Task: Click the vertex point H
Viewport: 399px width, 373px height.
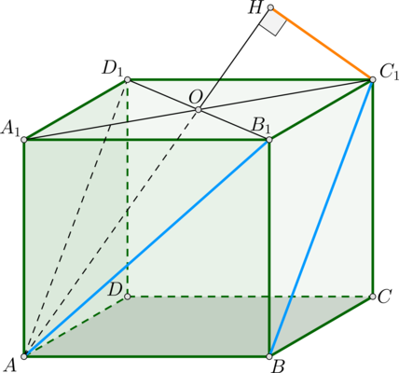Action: click(x=270, y=7)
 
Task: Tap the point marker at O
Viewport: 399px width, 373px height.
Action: click(x=199, y=109)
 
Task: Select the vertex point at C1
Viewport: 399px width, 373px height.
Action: click(x=373, y=79)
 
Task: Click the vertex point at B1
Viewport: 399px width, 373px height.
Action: click(x=269, y=140)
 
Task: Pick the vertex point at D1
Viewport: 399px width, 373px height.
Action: click(x=128, y=80)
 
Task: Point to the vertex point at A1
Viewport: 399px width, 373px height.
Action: click(x=24, y=140)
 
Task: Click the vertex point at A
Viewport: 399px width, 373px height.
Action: click(x=24, y=356)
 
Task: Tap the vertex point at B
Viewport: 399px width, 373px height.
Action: click(x=269, y=356)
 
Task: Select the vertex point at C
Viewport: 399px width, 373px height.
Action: click(x=373, y=297)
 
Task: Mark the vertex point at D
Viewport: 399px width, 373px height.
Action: click(x=127, y=297)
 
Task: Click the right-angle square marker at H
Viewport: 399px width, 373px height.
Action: click(x=273, y=22)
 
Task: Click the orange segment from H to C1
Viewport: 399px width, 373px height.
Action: click(x=322, y=44)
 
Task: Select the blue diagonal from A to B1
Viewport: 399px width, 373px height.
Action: click(x=146, y=248)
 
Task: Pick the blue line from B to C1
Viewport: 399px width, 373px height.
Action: click(x=321, y=217)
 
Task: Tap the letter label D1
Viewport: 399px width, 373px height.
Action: click(x=113, y=68)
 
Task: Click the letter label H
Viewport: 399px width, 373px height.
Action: click(x=255, y=8)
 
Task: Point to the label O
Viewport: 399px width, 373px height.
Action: click(x=196, y=98)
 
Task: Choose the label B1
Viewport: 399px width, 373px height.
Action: click(x=260, y=126)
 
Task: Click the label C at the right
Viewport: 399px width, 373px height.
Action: click(x=385, y=297)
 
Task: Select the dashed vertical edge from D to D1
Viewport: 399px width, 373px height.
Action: click(x=128, y=188)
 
